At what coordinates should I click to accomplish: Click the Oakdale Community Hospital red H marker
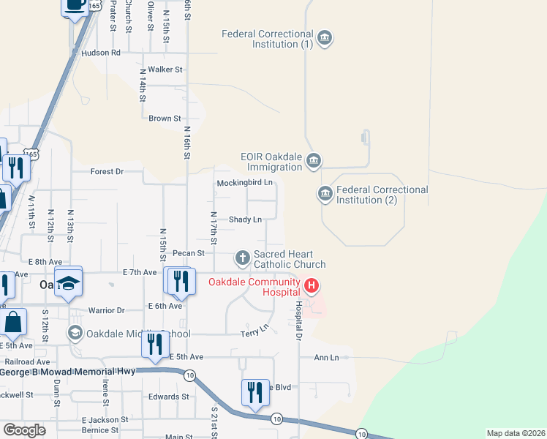tap(312, 285)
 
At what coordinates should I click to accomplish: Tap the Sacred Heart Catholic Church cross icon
tap(243, 258)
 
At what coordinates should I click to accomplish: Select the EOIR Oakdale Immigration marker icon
tap(314, 160)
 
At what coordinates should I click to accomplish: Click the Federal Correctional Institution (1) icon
tap(325, 37)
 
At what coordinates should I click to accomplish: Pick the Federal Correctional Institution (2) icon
tap(325, 194)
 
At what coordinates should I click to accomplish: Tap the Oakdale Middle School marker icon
tap(75, 334)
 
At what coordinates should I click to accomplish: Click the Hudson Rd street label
tap(101, 53)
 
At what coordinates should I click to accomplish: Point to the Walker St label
tap(165, 70)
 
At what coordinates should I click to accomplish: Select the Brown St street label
tap(165, 118)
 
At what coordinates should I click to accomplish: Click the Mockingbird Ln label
tap(244, 182)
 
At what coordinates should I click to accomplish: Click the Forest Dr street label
tap(107, 171)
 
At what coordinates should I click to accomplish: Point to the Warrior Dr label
tap(106, 310)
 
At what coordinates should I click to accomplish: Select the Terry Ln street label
tap(255, 334)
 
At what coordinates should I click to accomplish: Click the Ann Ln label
tap(326, 358)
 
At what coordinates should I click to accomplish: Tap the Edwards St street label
tap(168, 397)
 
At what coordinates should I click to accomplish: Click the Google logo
tap(24, 430)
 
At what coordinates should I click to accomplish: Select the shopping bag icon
tap(13, 321)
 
